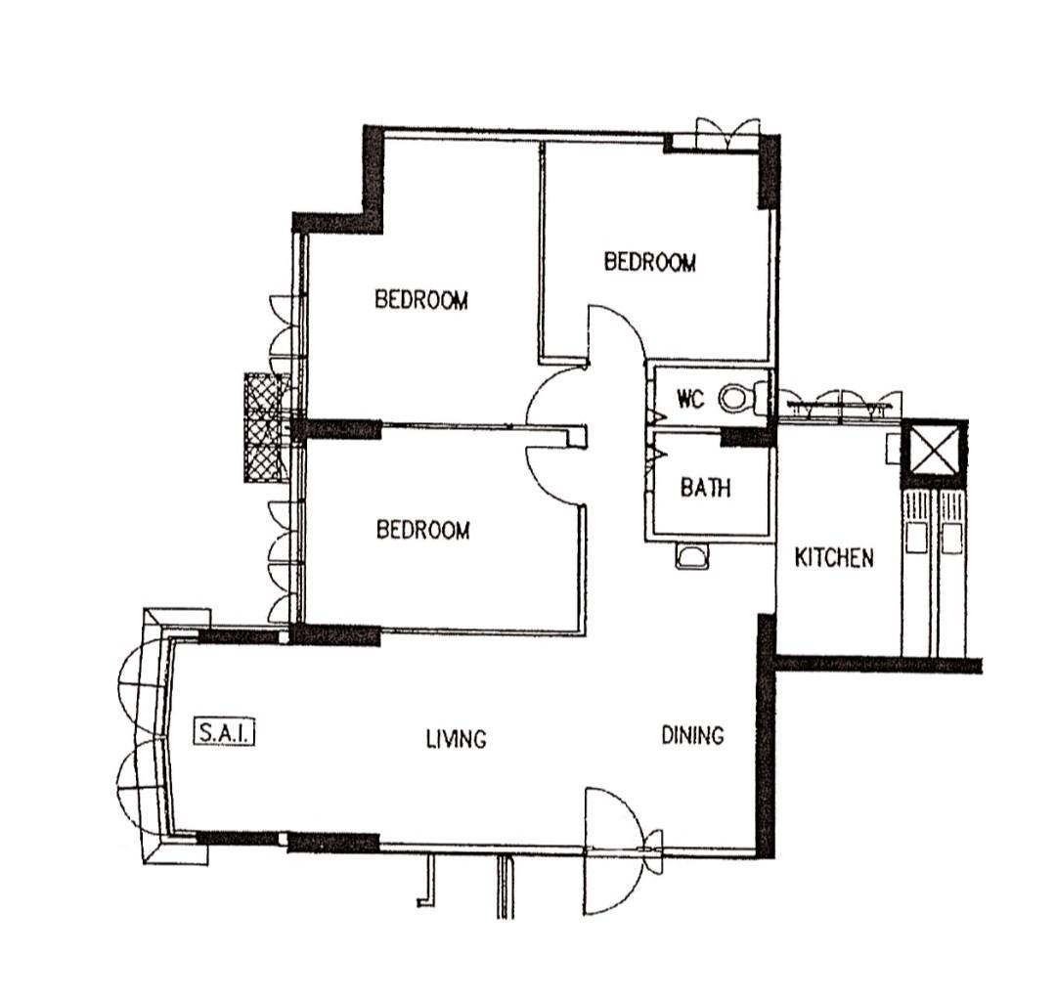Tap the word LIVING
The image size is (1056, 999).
point(456,739)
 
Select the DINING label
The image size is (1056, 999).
point(692,735)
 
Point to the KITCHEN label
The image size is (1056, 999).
point(833,558)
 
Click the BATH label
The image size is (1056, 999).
point(705,487)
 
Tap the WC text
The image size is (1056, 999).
point(691,399)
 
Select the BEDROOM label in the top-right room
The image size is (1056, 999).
point(649,262)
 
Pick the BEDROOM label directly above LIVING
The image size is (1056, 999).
point(422,530)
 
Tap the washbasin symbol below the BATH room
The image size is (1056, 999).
point(692,556)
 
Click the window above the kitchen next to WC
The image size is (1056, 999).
point(841,403)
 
